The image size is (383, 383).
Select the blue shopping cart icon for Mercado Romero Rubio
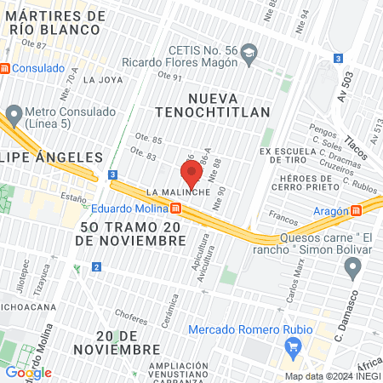click(294, 346)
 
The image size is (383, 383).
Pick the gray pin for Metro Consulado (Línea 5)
click(14, 113)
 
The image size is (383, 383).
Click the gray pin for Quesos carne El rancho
click(352, 269)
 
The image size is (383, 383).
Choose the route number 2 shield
click(97, 267)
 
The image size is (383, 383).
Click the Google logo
click(29, 372)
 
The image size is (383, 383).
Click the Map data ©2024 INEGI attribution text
click(331, 376)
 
